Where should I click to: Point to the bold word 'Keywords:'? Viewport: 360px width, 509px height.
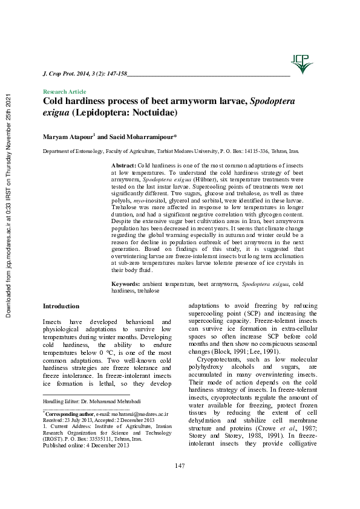[126, 284]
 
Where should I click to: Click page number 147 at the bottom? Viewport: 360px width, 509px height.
[180, 482]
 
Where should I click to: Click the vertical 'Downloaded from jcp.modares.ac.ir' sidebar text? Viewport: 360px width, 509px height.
[8, 206]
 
